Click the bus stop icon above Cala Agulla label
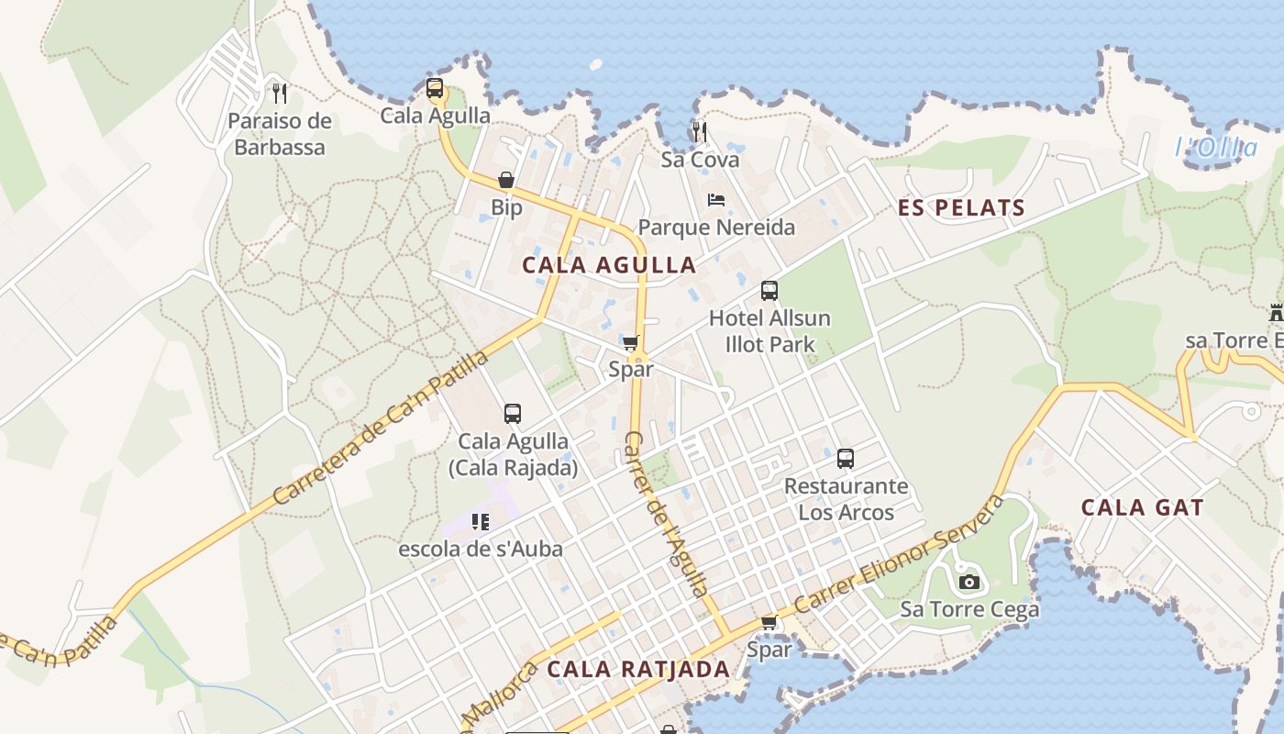(x=435, y=89)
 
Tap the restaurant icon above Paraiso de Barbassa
(x=280, y=93)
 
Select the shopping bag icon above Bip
(x=505, y=180)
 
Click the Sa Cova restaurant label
(x=700, y=160)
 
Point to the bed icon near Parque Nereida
(x=716, y=199)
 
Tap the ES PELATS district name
(x=961, y=208)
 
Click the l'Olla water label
(x=1216, y=147)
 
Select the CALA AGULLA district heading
(x=609, y=265)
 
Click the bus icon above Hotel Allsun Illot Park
(x=769, y=291)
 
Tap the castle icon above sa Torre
(x=1276, y=313)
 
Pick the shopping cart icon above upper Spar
(x=630, y=342)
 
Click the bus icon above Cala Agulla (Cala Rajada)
(x=512, y=414)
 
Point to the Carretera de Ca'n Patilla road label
(x=381, y=428)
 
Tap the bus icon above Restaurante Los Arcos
(x=845, y=458)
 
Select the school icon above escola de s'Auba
(x=480, y=522)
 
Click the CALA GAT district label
(x=1142, y=507)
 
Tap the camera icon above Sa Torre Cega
(x=969, y=582)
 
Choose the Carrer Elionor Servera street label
(x=900, y=556)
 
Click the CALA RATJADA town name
(x=638, y=669)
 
